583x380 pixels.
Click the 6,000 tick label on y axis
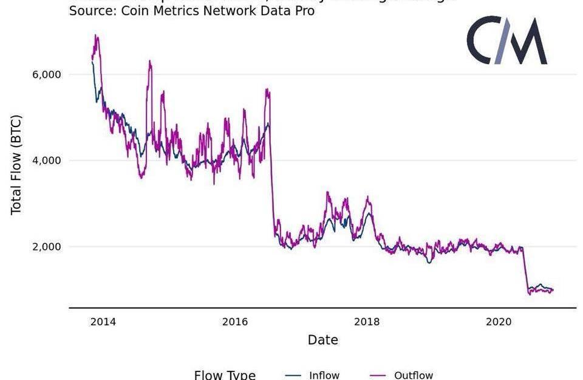coord(46,74)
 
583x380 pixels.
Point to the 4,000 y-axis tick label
coord(46,161)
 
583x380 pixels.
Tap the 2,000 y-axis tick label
coord(46,247)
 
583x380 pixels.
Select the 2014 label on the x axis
coord(103,322)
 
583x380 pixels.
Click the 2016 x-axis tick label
coord(235,322)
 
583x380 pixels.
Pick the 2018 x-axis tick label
coord(367,322)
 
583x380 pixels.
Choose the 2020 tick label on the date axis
coord(499,322)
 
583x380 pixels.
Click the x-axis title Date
coord(322,340)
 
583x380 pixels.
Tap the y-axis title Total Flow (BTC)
coord(16,164)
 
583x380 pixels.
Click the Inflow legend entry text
coord(324,375)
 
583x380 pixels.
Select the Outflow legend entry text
coord(414,375)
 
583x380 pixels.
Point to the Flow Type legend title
coord(225,375)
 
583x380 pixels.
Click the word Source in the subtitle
coord(91,11)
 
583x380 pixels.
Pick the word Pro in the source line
coord(303,11)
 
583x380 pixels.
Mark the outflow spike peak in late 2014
coord(149,61)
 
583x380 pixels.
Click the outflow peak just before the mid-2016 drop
coord(267,90)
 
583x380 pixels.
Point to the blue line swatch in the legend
coord(293,375)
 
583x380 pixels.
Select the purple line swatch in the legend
coord(378,375)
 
